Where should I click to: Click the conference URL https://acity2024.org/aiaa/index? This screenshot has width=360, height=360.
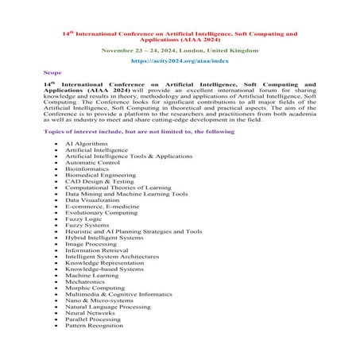click(x=179, y=60)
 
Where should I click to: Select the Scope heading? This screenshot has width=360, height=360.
click(x=52, y=72)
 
